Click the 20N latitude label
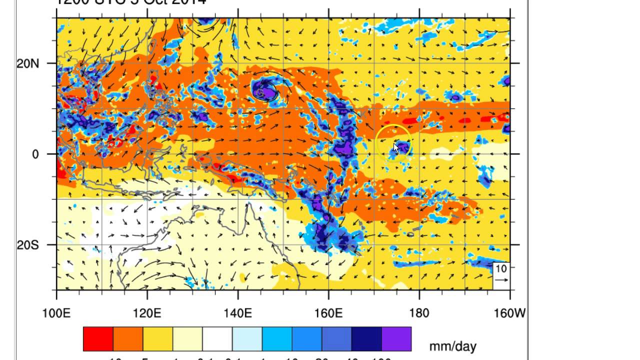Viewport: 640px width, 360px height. click(x=28, y=63)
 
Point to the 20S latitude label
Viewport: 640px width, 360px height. click(x=28, y=245)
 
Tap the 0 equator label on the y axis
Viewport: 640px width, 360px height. click(x=35, y=154)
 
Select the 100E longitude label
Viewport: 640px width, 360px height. click(x=56, y=313)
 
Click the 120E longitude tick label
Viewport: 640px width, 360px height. click(x=147, y=313)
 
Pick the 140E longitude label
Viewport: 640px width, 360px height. click(x=237, y=313)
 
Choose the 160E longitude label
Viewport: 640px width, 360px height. click(x=328, y=313)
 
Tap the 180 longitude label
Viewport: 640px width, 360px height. click(x=419, y=313)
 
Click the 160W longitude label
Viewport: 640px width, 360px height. click(x=509, y=313)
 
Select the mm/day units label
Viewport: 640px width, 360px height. click(x=452, y=346)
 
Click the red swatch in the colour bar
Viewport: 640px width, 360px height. click(x=98, y=339)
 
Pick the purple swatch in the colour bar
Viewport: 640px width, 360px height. click(x=396, y=339)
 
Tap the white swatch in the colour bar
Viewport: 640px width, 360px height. click(x=217, y=339)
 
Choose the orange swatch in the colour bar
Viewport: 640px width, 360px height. click(x=128, y=339)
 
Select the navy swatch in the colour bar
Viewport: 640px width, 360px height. click(x=366, y=339)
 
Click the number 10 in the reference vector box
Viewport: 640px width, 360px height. click(x=501, y=268)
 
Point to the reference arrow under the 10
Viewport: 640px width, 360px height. click(x=501, y=280)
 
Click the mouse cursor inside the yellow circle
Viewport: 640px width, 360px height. click(x=396, y=148)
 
